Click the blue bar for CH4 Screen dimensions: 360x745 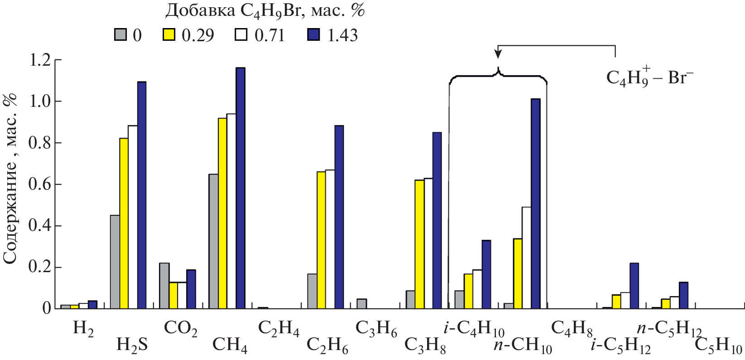pyautogui.click(x=240, y=188)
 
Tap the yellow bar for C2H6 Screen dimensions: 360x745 pyautogui.click(x=321, y=240)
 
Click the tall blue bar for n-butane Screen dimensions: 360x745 pyautogui.click(x=536, y=204)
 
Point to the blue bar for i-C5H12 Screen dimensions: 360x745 pyautogui.click(x=634, y=285)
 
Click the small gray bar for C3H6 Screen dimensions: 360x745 pyautogui.click(x=362, y=303)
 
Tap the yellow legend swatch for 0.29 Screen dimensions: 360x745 pyautogui.click(x=169, y=35)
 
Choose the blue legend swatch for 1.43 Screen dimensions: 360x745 pyautogui.click(x=313, y=35)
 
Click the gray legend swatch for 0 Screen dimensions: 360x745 pyautogui.click(x=120, y=35)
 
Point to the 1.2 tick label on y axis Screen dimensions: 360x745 pyautogui.click(x=39, y=60)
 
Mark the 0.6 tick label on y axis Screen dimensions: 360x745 pyautogui.click(x=39, y=184)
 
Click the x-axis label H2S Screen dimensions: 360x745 pyautogui.click(x=132, y=345)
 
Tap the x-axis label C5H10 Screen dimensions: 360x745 pyautogui.click(x=718, y=347)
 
